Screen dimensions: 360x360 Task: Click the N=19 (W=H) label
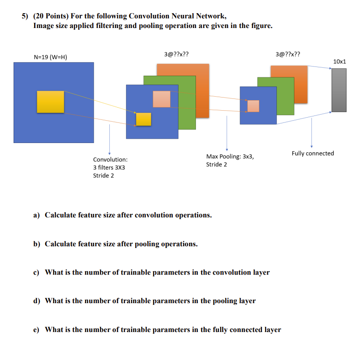click(x=50, y=57)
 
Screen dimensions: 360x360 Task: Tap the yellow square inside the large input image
click(x=50, y=101)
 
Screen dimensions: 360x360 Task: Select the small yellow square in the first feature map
click(x=143, y=119)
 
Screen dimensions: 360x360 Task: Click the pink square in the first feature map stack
click(x=161, y=99)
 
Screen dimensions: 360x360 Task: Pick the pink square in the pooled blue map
click(x=253, y=106)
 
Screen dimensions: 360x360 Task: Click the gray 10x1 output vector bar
click(x=339, y=90)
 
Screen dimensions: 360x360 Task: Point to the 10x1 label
click(x=339, y=62)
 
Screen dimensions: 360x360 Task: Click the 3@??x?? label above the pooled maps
click(x=288, y=55)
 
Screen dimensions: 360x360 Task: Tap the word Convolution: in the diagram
click(x=110, y=160)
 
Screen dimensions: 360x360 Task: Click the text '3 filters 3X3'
click(x=109, y=168)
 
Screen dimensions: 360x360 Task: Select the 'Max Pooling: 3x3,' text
click(x=230, y=156)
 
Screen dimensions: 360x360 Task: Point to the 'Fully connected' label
click(x=313, y=153)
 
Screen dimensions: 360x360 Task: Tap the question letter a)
click(x=37, y=215)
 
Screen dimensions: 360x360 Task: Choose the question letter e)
click(x=37, y=329)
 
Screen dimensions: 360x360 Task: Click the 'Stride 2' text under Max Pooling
click(x=217, y=164)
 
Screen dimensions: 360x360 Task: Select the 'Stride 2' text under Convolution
click(x=103, y=175)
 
